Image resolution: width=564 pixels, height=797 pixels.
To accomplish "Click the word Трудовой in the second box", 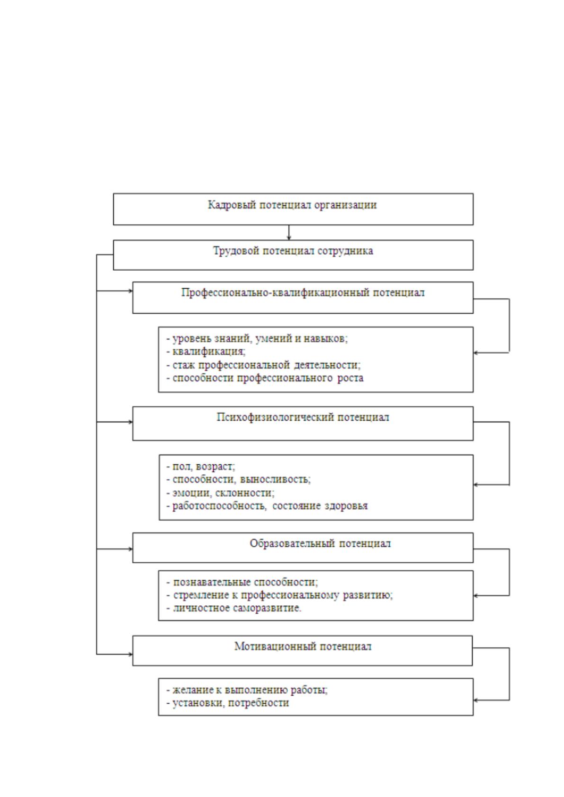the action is pos(236,251).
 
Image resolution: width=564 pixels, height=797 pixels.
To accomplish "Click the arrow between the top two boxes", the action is pos(289,232).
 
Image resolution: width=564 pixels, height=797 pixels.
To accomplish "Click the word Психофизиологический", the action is pos(275,417).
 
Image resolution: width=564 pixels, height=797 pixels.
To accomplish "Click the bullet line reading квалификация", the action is pos(206,352).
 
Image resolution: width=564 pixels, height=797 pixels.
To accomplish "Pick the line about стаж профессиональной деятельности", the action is pos(263,365).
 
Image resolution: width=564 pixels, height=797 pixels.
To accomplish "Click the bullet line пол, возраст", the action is pos(201,466).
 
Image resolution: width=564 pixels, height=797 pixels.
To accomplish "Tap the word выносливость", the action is pos(275,479).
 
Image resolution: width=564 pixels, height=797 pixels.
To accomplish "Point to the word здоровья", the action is pos(346,505).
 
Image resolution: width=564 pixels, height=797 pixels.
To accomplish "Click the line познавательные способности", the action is pos(242,583).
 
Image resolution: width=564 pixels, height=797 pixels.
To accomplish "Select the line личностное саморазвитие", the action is pos(234,608).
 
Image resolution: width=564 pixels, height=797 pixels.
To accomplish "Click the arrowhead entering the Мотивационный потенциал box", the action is pos(130,655).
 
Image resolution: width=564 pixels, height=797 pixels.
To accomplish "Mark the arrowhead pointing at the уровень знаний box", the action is pos(476,353).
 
